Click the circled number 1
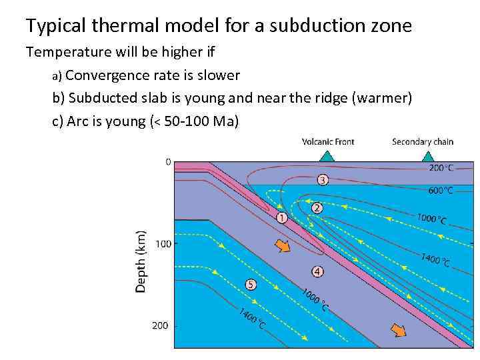281,217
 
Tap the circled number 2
317,208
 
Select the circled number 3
323,179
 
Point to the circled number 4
317,271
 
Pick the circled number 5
251,285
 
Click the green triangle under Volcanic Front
326,157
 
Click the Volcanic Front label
328,141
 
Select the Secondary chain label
423,141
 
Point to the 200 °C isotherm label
441,168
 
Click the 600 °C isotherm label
441,191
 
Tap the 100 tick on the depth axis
163,244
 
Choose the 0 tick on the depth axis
168,162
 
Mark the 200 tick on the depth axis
160,326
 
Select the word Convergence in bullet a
108,75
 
